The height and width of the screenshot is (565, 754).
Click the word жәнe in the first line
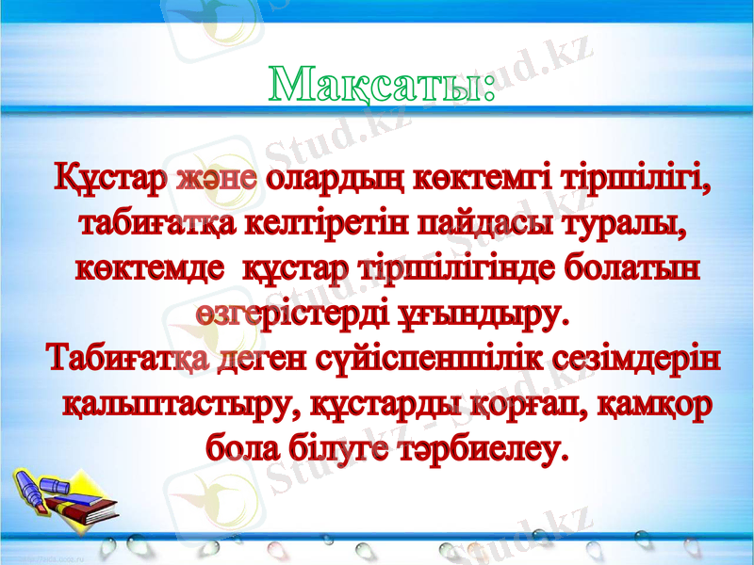[x=217, y=178]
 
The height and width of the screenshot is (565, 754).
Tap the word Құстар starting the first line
[x=111, y=178]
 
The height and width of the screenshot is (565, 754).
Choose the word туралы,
[x=622, y=224]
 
